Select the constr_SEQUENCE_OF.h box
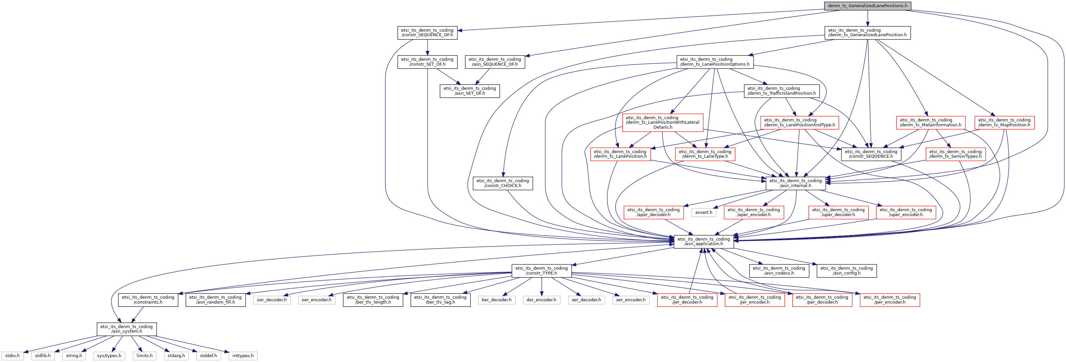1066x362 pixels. point(427,33)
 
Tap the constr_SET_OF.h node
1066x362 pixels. point(427,62)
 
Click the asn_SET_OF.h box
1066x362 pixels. point(469,91)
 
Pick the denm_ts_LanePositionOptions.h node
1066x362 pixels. point(715,62)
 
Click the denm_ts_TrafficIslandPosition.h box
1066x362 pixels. point(782,91)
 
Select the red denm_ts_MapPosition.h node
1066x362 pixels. point(1004,123)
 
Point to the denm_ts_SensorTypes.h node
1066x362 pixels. point(955,154)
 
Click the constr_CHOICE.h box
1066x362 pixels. point(502,183)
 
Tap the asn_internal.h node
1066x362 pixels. point(795,183)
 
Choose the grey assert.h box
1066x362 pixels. point(703,213)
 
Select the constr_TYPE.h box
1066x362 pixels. point(541,271)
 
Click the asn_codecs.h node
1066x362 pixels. point(779,271)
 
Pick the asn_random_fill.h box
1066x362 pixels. point(215,300)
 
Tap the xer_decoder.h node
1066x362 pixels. point(586,300)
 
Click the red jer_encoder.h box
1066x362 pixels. point(754,300)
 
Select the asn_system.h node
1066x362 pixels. point(126,329)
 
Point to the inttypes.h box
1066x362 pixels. point(243,356)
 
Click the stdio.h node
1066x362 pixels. point(12,356)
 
